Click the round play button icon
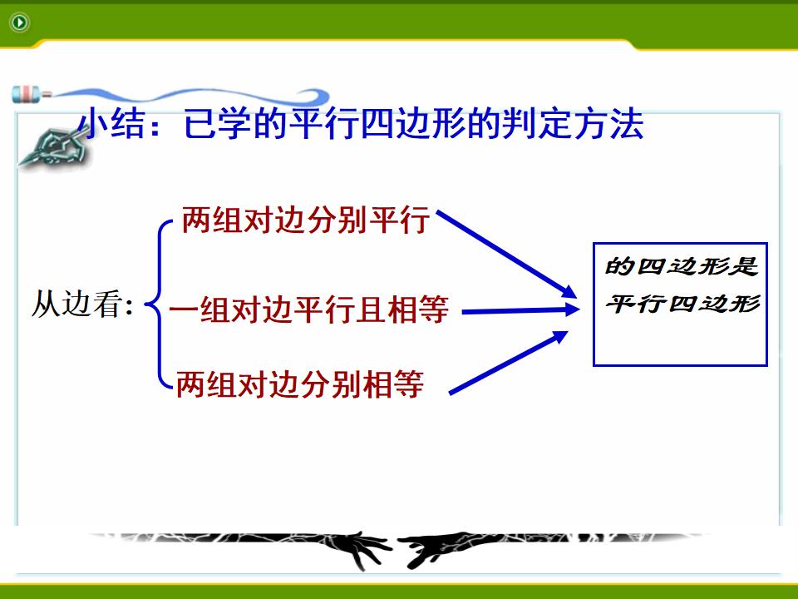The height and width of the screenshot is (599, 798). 20,22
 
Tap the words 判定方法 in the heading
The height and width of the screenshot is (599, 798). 573,123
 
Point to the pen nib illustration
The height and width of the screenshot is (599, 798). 51,148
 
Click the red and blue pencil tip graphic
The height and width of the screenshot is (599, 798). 32,94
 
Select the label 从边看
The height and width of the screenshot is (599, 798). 82,304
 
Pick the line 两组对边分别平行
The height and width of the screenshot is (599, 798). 306,220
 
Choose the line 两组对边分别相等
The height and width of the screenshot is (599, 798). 300,384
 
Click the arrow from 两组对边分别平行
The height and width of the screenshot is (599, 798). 507,255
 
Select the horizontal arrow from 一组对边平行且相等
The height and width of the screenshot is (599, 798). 521,310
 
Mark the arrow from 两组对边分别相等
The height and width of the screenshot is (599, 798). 509,362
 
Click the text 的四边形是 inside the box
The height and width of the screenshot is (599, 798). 681,266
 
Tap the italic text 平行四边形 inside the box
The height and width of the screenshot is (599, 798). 682,304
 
